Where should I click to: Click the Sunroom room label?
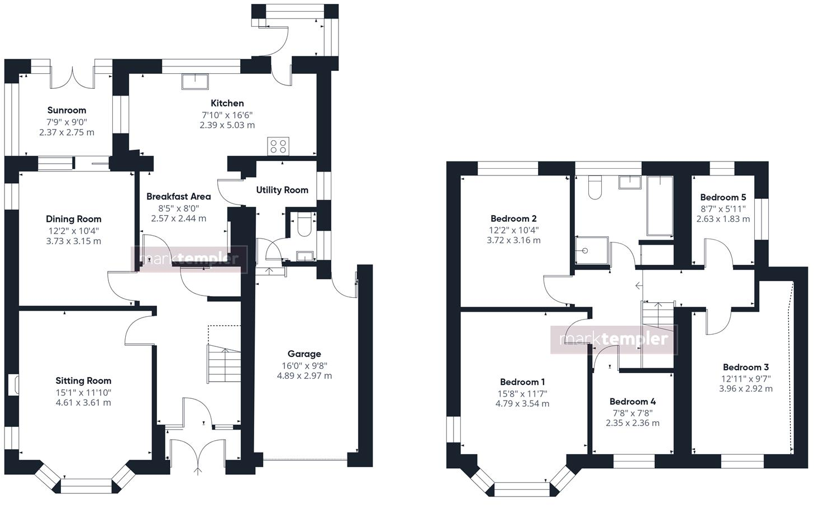point(66,110)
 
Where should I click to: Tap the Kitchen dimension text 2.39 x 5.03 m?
point(227,125)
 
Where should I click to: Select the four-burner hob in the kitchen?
point(278,146)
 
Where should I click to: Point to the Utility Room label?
point(282,190)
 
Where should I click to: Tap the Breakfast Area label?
point(178,196)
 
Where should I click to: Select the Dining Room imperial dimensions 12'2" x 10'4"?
point(73,230)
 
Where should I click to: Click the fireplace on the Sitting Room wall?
point(13,386)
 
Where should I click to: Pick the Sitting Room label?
point(83,380)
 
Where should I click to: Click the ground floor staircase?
point(224,363)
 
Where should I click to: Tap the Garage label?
point(304,354)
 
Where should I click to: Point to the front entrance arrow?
point(198,471)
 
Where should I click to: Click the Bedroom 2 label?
point(513,218)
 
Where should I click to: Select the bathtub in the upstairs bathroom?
point(660,206)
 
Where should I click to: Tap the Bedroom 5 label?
point(723,197)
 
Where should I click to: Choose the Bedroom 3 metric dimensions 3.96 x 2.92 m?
point(745,388)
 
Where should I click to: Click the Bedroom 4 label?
point(632,401)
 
